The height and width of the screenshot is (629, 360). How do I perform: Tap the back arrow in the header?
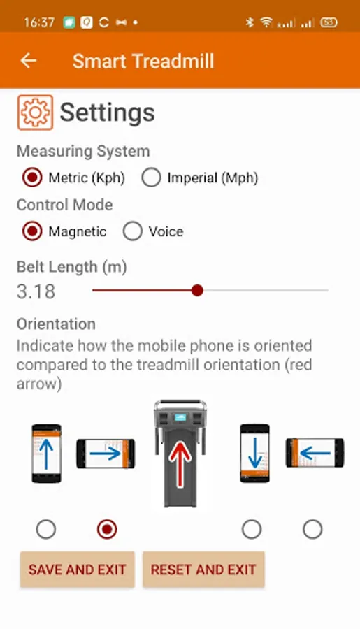click(29, 61)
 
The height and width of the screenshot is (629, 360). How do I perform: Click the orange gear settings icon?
click(36, 113)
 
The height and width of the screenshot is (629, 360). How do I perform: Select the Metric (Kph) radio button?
click(32, 178)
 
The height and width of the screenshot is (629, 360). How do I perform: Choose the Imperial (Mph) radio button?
click(151, 178)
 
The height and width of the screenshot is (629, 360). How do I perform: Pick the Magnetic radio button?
click(32, 231)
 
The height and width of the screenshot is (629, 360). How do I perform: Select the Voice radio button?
click(133, 231)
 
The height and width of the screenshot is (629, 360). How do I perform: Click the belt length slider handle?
click(197, 290)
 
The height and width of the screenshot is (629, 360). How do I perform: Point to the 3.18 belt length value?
click(36, 291)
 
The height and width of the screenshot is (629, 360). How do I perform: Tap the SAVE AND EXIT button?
click(78, 570)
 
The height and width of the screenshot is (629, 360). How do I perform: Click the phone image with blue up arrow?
click(47, 453)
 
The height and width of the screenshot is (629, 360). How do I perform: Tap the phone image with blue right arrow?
click(106, 454)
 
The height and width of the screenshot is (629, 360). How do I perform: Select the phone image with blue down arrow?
click(255, 453)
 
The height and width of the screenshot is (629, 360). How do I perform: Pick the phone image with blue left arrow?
click(315, 453)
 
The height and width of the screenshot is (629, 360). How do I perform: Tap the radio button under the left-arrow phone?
click(312, 529)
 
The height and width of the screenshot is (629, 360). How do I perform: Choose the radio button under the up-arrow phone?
click(45, 529)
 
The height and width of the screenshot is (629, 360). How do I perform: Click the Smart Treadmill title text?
click(143, 62)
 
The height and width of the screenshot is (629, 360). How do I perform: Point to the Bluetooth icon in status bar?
click(250, 22)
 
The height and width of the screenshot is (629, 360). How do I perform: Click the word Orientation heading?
click(56, 324)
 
